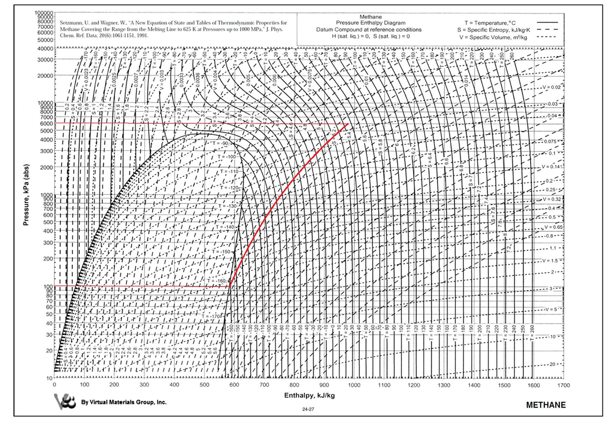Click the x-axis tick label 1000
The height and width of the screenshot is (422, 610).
point(354,385)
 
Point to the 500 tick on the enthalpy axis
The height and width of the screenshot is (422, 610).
point(204,385)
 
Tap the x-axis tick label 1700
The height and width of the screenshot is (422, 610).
point(564,385)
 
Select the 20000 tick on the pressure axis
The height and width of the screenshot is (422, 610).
point(45,76)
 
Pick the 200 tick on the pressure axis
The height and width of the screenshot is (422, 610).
point(48,259)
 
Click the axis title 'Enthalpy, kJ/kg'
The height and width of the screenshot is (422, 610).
point(309,395)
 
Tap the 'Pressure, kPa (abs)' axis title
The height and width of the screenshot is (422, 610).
point(26,195)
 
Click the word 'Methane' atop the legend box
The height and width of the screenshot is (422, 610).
point(370,17)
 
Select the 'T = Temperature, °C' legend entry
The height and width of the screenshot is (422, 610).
point(490,23)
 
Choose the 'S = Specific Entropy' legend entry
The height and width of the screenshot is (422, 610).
point(493,30)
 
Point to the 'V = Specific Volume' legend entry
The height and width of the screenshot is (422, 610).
point(493,37)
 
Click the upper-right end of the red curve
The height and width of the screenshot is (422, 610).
point(348,124)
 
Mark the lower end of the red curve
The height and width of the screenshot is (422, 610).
point(230,286)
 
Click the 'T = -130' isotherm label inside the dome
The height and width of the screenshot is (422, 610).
point(228,206)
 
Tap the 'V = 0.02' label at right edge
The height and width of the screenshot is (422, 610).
point(551,87)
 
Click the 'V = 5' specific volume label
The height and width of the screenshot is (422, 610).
point(551,309)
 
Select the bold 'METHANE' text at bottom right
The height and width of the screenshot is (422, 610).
point(546,405)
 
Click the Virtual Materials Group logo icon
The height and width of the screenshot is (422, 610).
point(65,402)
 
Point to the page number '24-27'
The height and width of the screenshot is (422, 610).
point(308,409)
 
